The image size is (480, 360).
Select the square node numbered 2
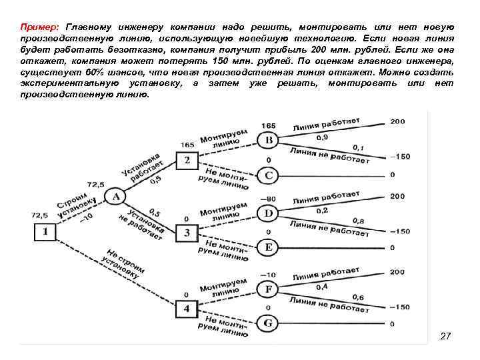(187, 160)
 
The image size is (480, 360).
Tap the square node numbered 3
(187, 233)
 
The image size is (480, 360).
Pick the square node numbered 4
(187, 309)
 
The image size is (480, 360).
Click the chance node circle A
(117, 197)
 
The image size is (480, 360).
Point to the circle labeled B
(269, 141)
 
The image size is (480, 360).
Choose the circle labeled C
(269, 176)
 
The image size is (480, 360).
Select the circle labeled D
(269, 213)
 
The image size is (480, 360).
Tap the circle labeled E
(269, 247)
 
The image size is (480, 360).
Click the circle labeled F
(269, 289)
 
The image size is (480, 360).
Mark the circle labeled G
(269, 323)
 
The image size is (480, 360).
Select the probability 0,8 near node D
(359, 221)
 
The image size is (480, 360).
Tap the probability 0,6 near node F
(359, 297)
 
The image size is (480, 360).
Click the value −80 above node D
(268, 199)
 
